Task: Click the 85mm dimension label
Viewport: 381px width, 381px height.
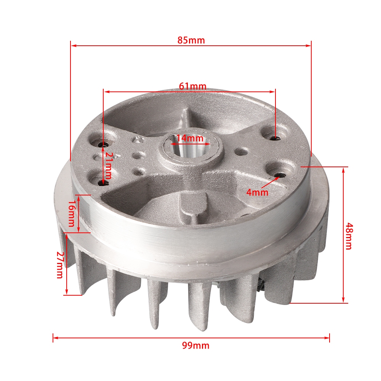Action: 191,40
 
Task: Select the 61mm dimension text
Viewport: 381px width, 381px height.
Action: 193,86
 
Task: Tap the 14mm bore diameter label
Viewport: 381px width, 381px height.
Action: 190,138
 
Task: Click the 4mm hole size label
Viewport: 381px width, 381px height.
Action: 257,192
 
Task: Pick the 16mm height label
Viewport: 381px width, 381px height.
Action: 71,213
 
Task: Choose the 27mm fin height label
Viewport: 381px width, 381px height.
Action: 60,265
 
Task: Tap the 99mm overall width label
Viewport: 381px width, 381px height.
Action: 195,345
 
